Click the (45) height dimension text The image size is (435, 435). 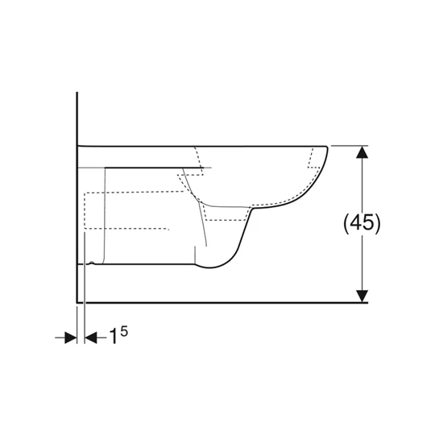361,223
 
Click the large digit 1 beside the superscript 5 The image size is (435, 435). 114,338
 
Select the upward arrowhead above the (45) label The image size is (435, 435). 363,152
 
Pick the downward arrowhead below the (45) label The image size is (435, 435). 363,295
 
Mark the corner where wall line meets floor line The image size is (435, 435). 77,302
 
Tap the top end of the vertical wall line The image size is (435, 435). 77,93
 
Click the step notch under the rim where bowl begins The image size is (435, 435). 251,209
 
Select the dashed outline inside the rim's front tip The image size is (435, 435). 311,161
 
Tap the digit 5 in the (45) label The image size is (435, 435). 368,223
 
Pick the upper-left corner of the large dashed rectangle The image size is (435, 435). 85,193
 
